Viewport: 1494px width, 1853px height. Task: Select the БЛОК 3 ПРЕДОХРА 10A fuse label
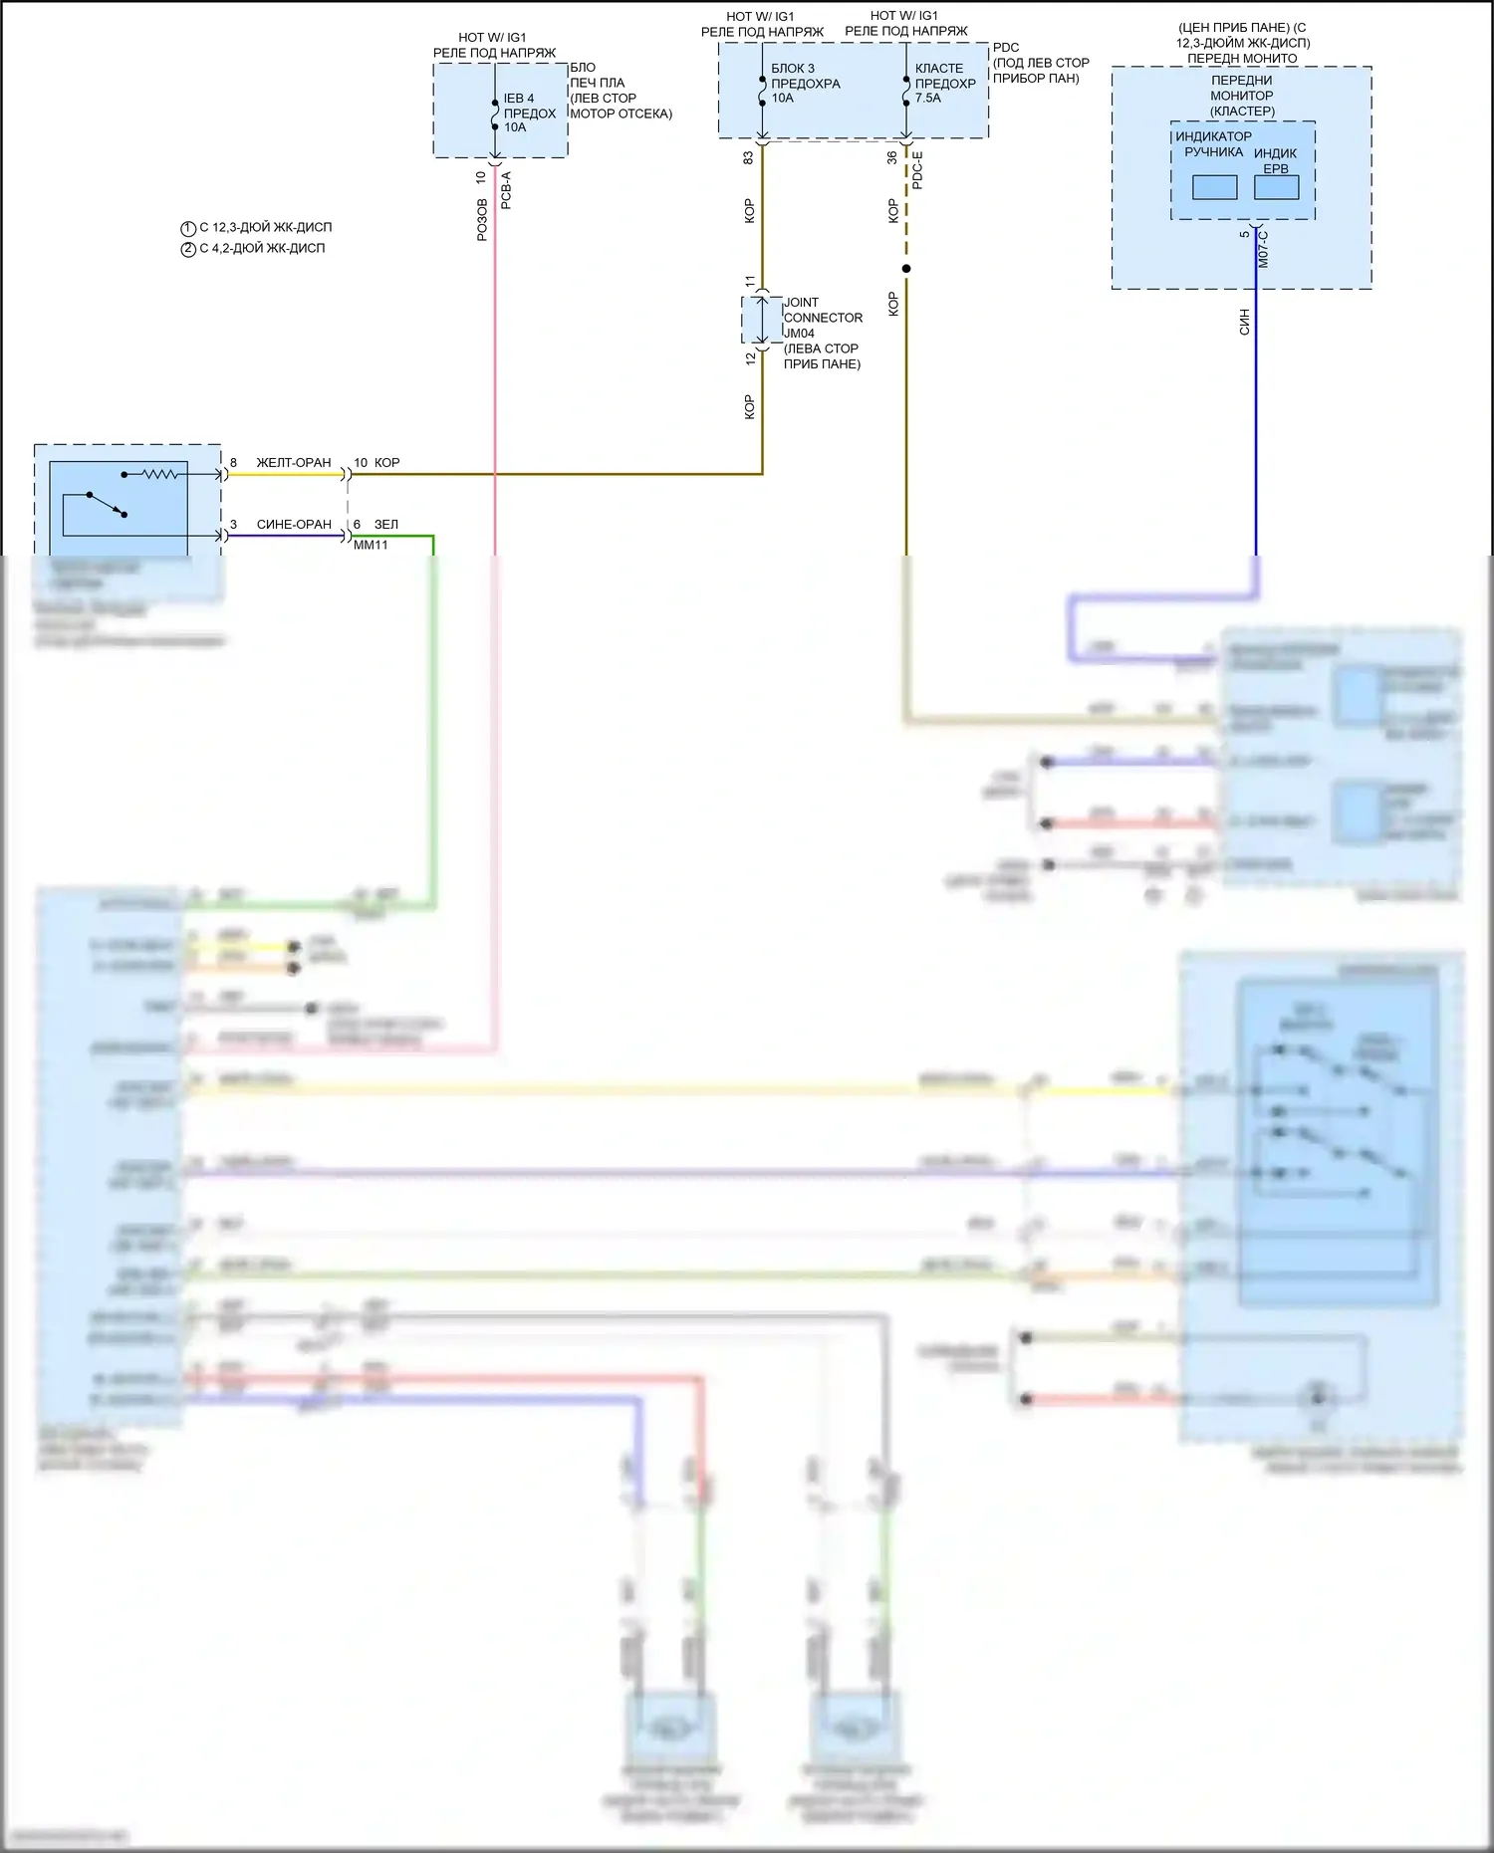pos(805,84)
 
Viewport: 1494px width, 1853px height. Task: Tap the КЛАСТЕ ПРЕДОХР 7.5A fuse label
pos(945,84)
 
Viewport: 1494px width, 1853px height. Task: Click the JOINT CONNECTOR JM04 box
pos(762,320)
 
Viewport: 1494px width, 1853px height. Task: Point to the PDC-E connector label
pos(917,170)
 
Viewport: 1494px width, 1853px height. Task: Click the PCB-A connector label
pos(506,190)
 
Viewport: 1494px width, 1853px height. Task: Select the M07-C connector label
pos(1263,249)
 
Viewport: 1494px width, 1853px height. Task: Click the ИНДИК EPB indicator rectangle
pos(1276,187)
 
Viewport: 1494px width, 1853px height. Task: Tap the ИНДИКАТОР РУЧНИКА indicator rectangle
pos(1214,187)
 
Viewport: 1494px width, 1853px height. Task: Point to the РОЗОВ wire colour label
pos(482,219)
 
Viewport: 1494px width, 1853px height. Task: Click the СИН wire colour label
pos(1244,321)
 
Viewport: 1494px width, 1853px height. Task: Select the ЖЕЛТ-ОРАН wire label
pos(294,463)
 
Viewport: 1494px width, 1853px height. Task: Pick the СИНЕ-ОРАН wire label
pos(294,525)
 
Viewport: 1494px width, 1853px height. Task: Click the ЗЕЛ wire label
pos(386,525)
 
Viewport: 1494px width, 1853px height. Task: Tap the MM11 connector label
pos(371,545)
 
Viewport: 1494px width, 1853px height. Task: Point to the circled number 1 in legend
pos(188,228)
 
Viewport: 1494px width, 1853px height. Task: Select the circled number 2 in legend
pos(188,249)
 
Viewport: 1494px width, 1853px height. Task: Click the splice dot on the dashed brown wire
pos(906,269)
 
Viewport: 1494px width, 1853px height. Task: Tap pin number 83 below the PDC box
pos(748,157)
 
